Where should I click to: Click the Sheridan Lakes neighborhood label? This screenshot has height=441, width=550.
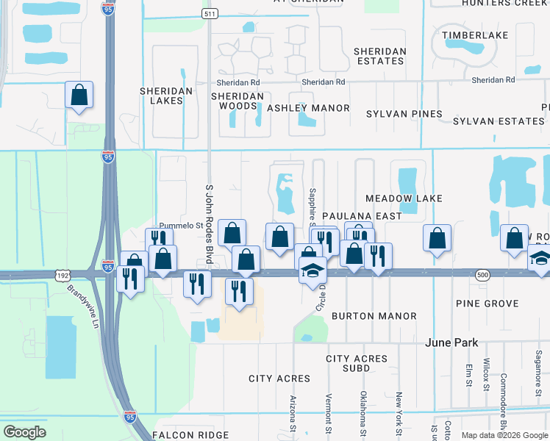tap(166, 96)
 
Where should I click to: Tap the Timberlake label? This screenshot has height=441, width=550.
tap(471, 35)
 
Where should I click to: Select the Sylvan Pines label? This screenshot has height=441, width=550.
tap(404, 114)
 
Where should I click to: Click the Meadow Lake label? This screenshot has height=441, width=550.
tap(404, 198)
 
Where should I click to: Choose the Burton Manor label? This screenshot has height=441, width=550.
tap(374, 316)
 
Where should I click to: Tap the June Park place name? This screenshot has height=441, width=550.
tap(452, 343)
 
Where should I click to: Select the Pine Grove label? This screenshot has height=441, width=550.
tap(487, 304)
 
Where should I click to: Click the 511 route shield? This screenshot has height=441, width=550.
tap(210, 14)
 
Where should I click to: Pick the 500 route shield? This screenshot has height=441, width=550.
tap(482, 273)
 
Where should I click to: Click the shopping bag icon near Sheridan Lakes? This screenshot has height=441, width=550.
tap(79, 96)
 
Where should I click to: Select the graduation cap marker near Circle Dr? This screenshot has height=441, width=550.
tap(312, 271)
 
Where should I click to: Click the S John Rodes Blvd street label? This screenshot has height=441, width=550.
tap(209, 223)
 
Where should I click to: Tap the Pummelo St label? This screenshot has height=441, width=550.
tap(181, 226)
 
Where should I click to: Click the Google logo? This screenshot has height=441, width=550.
tap(24, 432)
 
